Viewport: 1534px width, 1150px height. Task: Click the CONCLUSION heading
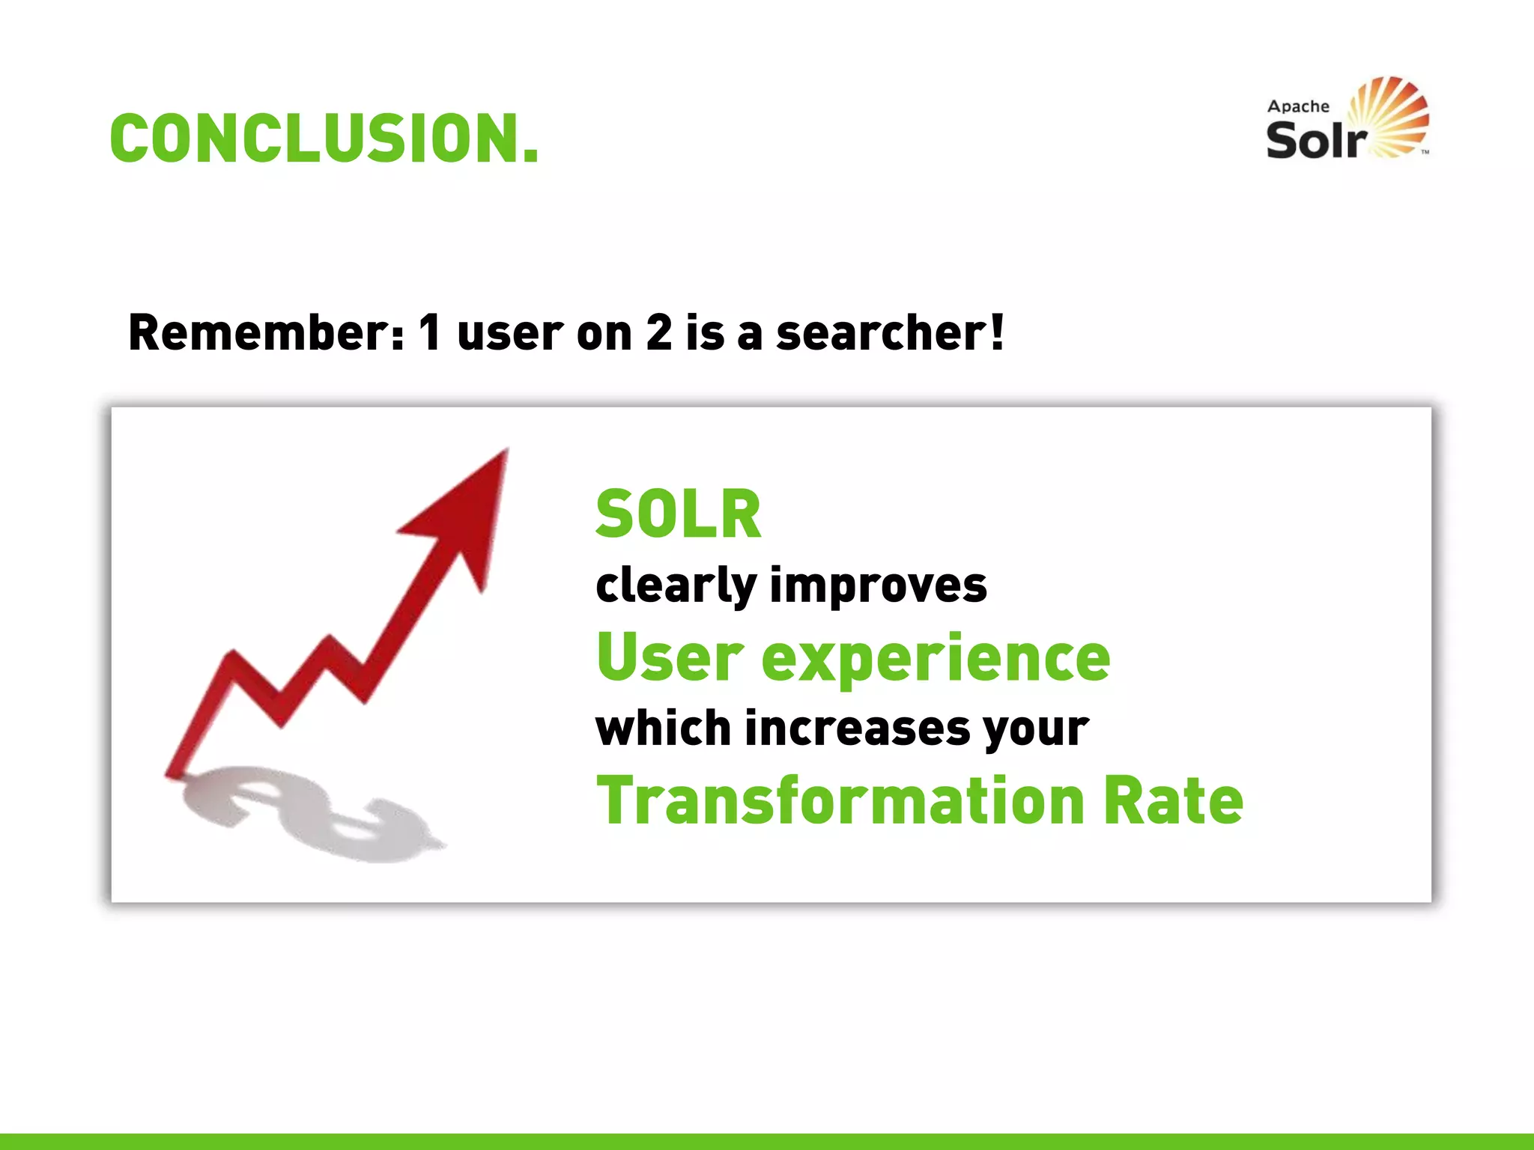click(x=324, y=139)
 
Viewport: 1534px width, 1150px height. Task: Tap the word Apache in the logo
click(x=1298, y=106)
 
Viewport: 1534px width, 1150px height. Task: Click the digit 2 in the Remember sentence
click(x=659, y=332)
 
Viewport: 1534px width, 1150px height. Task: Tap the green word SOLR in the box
click(x=678, y=514)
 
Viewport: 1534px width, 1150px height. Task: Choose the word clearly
click(x=676, y=585)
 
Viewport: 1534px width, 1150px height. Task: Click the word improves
click(x=879, y=585)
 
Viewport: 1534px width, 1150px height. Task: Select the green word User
click(x=670, y=657)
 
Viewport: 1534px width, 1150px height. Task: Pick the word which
click(x=663, y=728)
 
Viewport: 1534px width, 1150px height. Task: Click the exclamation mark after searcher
click(x=996, y=332)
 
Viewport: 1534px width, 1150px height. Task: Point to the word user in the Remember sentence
click(x=509, y=332)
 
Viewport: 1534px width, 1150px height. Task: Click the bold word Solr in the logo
click(x=1316, y=140)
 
